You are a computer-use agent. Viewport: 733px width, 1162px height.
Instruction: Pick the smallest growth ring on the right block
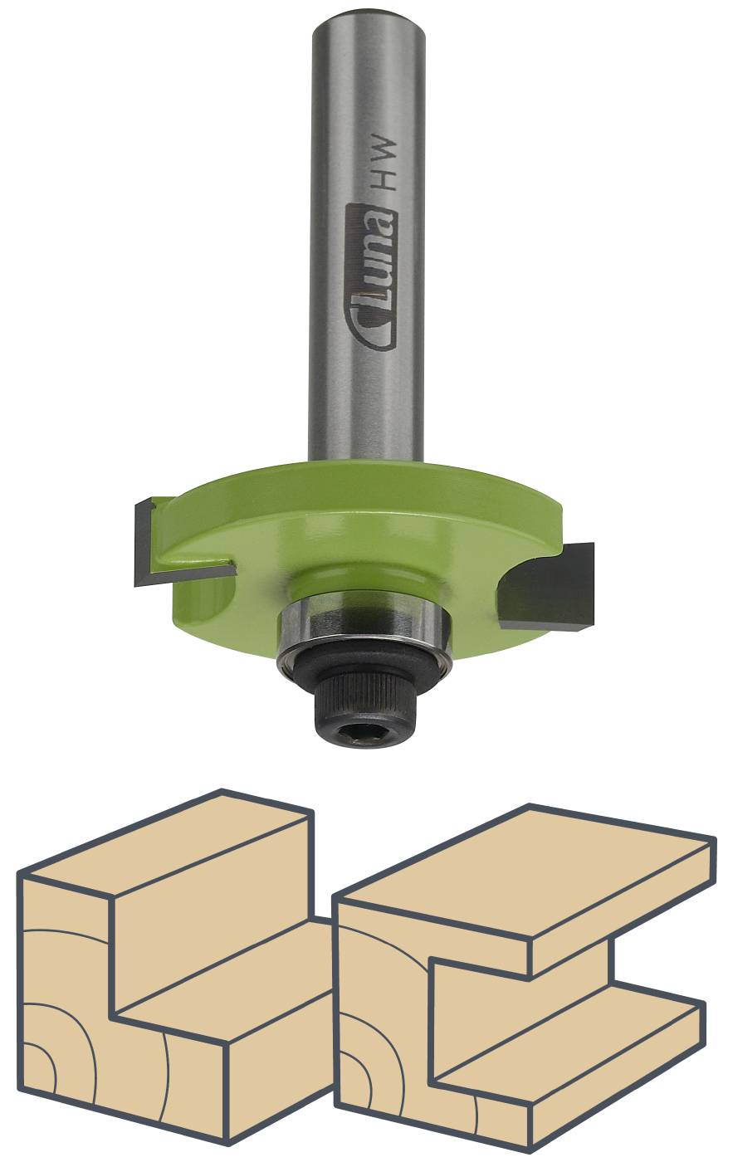coord(353,1083)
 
